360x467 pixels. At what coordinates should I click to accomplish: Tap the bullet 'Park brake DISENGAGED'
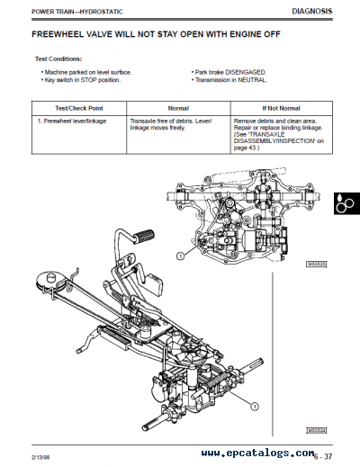click(225, 71)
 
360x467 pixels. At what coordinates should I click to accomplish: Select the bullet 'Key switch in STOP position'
click(79, 79)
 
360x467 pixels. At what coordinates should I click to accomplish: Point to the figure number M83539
click(314, 430)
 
